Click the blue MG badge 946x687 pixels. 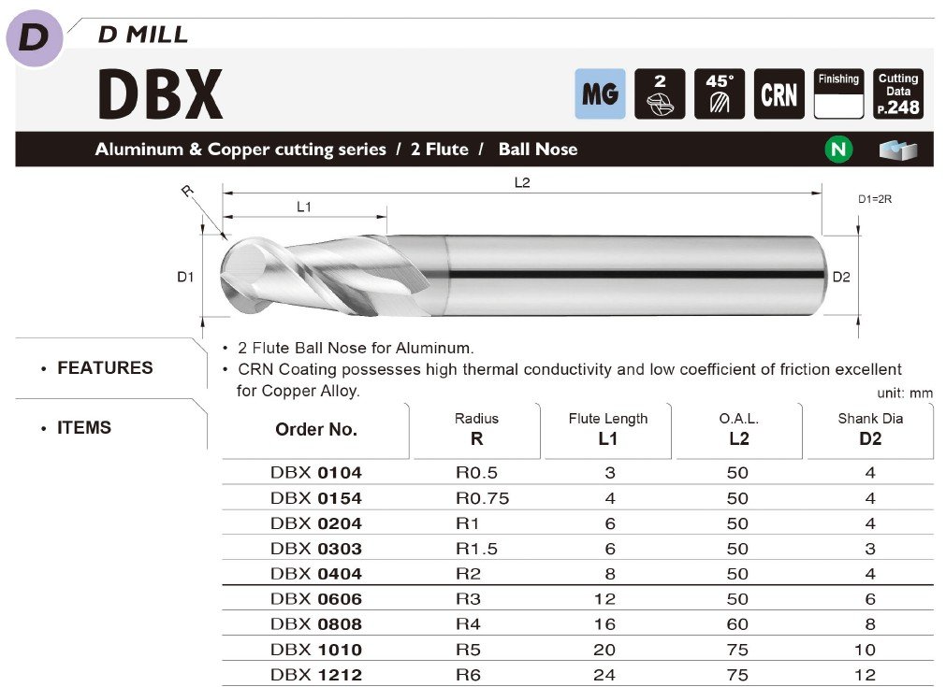(x=600, y=93)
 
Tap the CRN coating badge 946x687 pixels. (x=779, y=93)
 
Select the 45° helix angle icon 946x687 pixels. (x=720, y=93)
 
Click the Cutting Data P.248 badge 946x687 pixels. (x=897, y=93)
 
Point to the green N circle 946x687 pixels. (x=838, y=149)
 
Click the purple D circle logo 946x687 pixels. (x=35, y=37)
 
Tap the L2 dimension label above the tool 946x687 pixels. (x=522, y=182)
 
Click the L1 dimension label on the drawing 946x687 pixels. (x=304, y=207)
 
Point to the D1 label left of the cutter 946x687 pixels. (x=185, y=277)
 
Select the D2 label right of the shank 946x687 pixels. (x=841, y=277)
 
